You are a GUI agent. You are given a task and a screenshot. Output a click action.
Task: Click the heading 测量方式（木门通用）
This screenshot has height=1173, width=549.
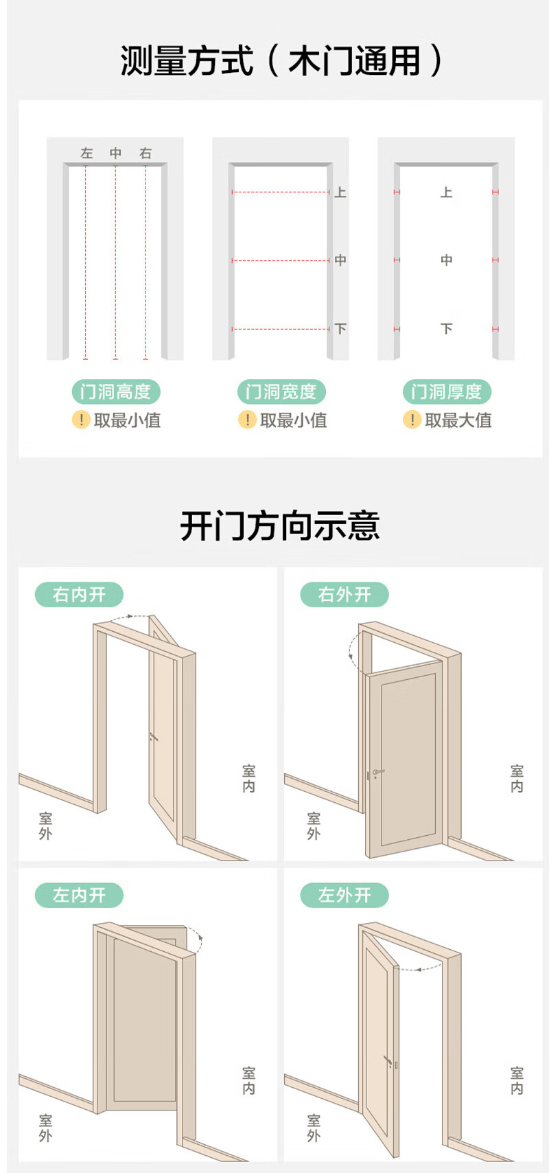[x=281, y=60]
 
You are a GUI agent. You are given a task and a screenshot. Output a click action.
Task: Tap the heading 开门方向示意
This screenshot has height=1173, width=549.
[x=279, y=526]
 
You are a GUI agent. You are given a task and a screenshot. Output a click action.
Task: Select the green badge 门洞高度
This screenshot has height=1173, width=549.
[x=116, y=391]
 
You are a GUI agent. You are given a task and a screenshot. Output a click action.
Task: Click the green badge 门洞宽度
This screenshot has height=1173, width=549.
[x=281, y=391]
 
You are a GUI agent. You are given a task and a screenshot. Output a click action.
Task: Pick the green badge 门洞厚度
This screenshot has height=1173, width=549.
[x=447, y=391]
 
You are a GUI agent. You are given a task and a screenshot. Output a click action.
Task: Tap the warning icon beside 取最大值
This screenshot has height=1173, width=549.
[x=412, y=420]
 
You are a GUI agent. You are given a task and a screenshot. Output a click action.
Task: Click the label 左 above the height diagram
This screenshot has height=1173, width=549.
[x=86, y=153]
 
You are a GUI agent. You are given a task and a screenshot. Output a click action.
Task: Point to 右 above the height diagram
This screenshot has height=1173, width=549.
[x=145, y=153]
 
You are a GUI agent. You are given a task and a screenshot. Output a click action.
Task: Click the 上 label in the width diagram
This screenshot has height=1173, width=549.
[x=340, y=192]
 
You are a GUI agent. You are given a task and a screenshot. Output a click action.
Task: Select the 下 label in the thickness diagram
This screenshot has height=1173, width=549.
[x=447, y=329]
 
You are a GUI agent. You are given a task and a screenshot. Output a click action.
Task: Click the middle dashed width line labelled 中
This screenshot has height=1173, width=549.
[x=281, y=260]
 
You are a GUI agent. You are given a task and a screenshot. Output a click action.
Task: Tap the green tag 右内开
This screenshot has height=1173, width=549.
[x=79, y=594]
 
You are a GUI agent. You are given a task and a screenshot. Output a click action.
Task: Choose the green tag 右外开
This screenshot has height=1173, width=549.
[x=344, y=594]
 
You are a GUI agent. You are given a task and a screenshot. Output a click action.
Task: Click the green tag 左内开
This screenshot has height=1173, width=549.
[x=79, y=895]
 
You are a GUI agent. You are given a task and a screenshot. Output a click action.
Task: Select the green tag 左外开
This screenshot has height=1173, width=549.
[x=344, y=895]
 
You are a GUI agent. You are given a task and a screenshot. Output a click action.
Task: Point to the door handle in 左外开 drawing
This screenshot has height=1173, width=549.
[x=388, y=1062]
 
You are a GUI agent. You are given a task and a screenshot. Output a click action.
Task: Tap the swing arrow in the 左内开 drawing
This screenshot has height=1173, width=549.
[x=197, y=942]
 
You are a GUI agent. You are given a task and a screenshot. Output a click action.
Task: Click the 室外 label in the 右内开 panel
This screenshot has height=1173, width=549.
[x=45, y=825]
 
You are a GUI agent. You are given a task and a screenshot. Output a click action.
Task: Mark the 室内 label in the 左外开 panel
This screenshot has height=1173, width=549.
[x=517, y=1080]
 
